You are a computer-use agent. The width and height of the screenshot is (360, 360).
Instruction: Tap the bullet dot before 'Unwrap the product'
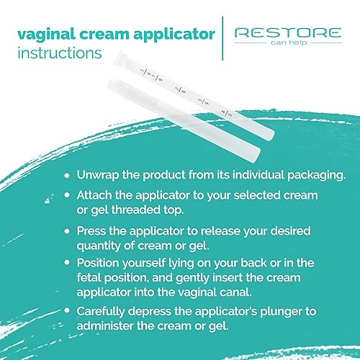(68, 176)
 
